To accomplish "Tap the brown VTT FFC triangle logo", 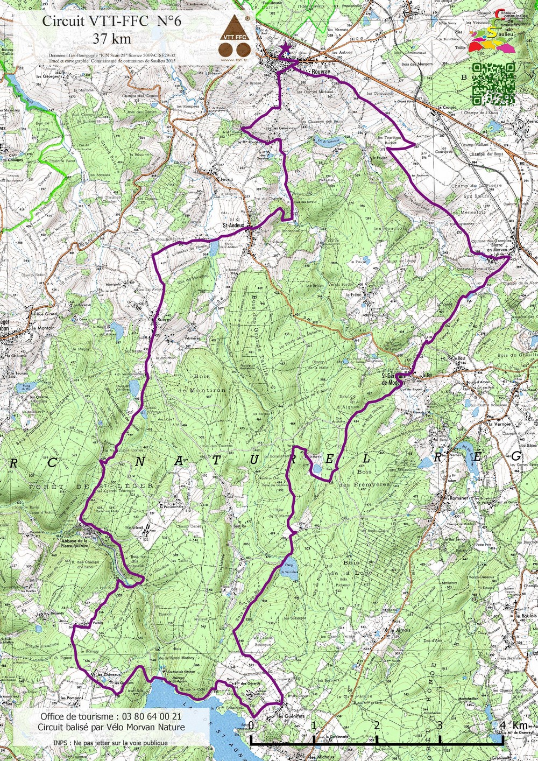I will point(235,37).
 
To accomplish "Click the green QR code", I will point(493,83).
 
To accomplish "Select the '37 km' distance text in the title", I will point(111,38).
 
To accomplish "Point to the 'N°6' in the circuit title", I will point(169,21).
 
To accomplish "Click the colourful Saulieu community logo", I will point(492,36).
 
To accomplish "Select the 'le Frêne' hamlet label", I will point(353,295).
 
